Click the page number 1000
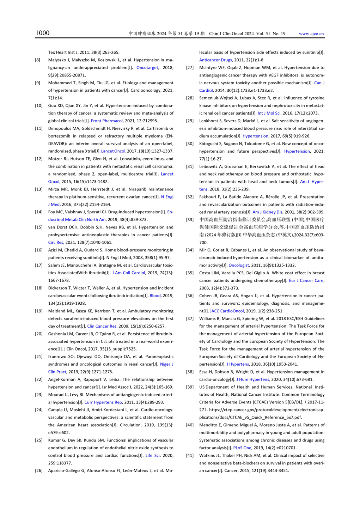pos(42,33)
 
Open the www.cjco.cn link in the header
pos(311,34)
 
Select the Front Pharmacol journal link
pos(107,121)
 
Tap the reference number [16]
pos(39,250)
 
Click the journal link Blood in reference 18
pos(155,296)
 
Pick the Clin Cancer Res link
pos(102,326)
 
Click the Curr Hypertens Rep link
pos(103,402)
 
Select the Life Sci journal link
pos(152,456)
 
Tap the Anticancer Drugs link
pos(215,60)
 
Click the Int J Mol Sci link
pos(269,113)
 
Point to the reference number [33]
pos(190,220)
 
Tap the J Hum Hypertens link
pos(252,379)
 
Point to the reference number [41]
pos(190,456)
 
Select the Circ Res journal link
pos(56,243)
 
